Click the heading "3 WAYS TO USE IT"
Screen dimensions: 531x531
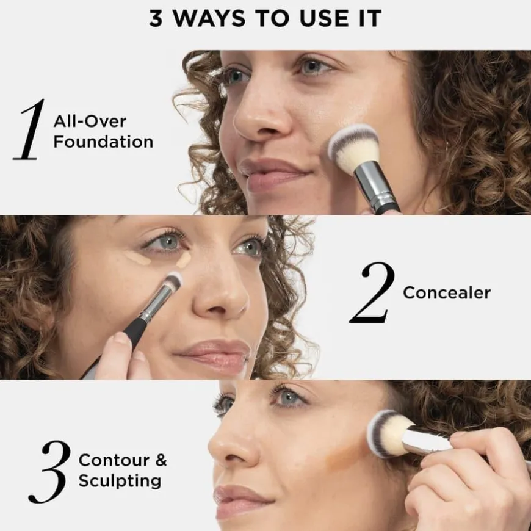[x=265, y=18]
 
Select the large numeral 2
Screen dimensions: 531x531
[x=373, y=292]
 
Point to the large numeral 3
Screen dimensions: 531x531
[x=50, y=472]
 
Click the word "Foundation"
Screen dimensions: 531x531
[x=103, y=142]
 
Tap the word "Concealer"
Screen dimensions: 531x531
[x=447, y=292]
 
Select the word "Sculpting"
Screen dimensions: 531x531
[x=120, y=481]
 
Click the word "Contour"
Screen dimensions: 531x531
[x=114, y=460]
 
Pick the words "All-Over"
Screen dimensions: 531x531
[x=90, y=121]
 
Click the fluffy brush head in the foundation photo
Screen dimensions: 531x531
[x=354, y=148]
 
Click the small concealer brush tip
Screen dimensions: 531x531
[x=174, y=281]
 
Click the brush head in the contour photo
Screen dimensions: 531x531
[x=389, y=433]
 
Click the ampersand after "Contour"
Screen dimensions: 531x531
[x=161, y=460]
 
